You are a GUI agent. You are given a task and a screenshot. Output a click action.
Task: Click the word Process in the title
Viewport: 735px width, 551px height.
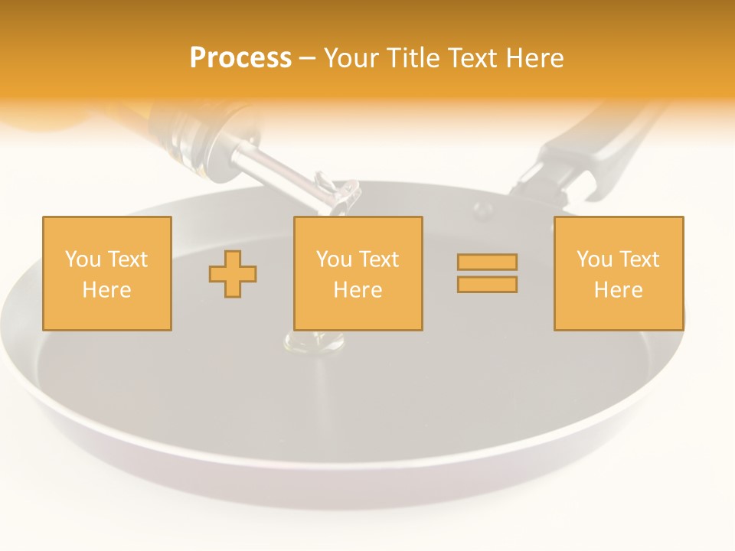click(240, 58)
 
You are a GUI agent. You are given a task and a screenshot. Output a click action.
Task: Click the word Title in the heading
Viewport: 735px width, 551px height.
click(413, 58)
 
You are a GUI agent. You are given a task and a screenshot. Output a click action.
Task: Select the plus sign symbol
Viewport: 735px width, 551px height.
click(233, 273)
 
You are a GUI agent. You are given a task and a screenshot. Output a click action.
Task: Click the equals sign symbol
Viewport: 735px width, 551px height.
click(487, 273)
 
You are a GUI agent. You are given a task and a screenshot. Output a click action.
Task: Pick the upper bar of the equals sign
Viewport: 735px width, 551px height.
click(487, 262)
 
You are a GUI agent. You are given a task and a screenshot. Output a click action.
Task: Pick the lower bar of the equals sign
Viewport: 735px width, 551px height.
click(487, 285)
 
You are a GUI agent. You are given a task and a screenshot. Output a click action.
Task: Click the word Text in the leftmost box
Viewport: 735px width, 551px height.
click(127, 259)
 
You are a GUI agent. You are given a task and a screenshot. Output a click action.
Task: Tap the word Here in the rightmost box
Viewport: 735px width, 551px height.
click(619, 290)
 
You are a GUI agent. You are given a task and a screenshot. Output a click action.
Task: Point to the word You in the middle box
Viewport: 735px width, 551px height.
click(334, 259)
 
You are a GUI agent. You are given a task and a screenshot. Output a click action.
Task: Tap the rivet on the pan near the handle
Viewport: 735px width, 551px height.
click(482, 208)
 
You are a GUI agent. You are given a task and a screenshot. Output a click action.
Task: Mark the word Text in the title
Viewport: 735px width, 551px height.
click(469, 58)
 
